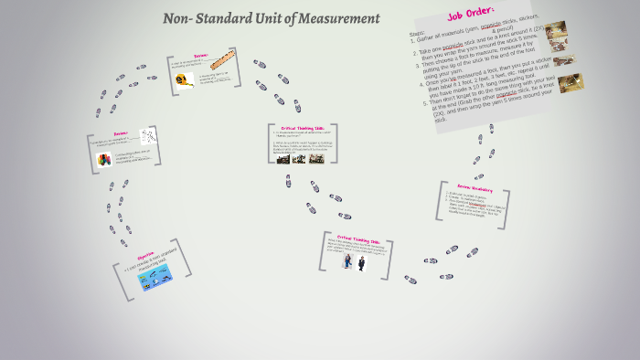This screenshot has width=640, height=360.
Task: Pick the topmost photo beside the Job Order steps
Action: (555, 29)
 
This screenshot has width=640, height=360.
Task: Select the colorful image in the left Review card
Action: (103, 159)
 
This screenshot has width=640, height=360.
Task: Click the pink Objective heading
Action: (151, 257)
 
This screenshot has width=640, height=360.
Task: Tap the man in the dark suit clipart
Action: (361, 263)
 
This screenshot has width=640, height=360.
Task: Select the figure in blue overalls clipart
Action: (347, 261)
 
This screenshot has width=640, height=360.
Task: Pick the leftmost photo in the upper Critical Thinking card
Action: (283, 158)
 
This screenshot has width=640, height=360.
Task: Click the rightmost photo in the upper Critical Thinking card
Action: (316, 158)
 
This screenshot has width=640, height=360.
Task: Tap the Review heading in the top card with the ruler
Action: (201, 55)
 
